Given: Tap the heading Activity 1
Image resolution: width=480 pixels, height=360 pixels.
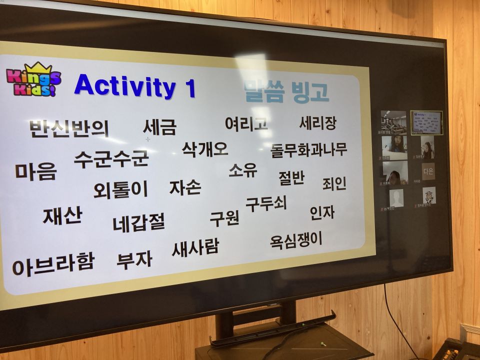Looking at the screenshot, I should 134,85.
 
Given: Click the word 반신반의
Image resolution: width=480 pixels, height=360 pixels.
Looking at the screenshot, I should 69,128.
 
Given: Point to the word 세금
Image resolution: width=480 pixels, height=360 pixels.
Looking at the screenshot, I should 159,127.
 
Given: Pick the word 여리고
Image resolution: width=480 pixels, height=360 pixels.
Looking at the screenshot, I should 246,123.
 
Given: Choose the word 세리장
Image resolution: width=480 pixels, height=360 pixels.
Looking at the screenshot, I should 317,123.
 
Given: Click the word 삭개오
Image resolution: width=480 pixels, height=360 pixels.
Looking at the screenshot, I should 205,149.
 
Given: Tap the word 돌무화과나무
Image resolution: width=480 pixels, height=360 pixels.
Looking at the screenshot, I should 308,149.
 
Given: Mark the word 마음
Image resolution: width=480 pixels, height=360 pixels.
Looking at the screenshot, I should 35,171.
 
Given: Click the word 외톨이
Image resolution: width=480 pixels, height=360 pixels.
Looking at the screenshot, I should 120,189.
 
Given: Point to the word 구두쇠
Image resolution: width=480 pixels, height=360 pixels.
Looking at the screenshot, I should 265,203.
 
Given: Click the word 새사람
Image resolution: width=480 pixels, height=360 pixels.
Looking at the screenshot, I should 195,247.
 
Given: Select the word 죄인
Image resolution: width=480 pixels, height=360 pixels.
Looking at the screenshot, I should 334,183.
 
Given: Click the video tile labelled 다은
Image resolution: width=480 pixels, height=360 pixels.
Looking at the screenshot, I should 428,171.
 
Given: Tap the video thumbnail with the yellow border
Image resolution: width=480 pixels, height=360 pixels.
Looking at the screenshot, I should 426,123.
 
